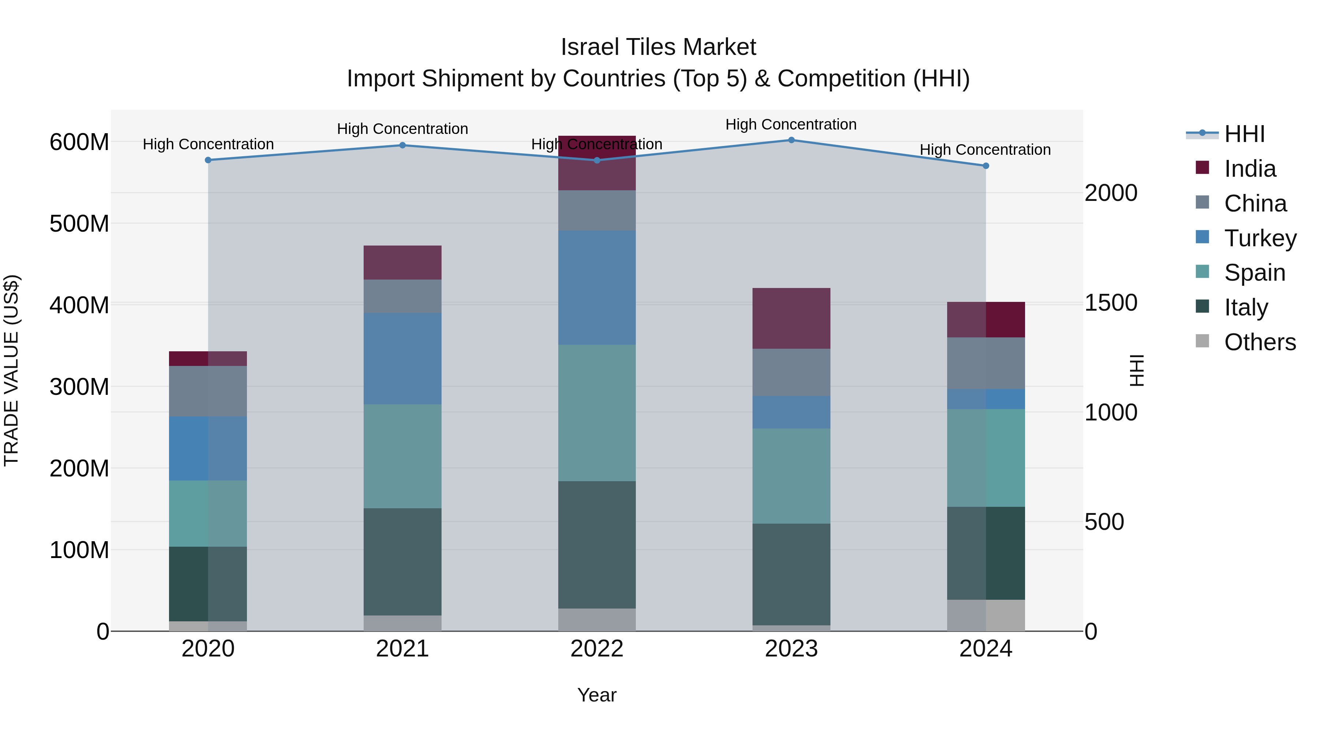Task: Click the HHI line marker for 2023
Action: (x=791, y=140)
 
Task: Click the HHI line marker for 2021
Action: (x=402, y=145)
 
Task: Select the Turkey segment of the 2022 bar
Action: (x=597, y=287)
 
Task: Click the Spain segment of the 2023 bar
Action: (x=791, y=476)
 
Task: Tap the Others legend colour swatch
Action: (x=1202, y=341)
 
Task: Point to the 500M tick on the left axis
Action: (x=79, y=224)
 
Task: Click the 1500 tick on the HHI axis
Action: (x=1110, y=303)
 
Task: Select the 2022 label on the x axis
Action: (x=597, y=649)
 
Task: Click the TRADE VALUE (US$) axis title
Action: (x=11, y=370)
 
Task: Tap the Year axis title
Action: (x=597, y=695)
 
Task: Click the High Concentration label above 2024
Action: (x=985, y=150)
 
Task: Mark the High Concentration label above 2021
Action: (x=402, y=129)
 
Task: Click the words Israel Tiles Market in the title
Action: (x=658, y=47)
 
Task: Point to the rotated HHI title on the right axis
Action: (x=1136, y=370)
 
